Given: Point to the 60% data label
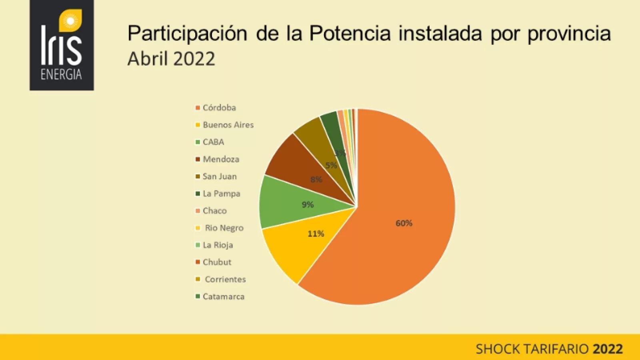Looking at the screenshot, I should click(x=404, y=223).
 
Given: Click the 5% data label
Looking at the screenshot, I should click(x=331, y=165).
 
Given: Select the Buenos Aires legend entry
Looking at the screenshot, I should click(x=228, y=125).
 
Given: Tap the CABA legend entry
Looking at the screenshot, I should click(x=213, y=142).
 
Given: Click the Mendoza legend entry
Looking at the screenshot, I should click(x=221, y=159).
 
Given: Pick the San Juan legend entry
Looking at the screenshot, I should click(x=220, y=176).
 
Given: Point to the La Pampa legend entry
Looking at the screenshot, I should click(x=221, y=194).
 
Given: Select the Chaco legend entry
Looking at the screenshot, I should click(x=214, y=211).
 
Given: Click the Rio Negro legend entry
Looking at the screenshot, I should click(x=224, y=228).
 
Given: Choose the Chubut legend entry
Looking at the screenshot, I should click(x=217, y=262).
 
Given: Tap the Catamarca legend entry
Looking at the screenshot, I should click(x=223, y=297).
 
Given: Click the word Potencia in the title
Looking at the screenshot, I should click(x=350, y=34).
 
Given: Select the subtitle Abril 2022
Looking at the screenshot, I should click(x=171, y=59).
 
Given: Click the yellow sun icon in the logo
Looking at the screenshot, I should click(x=70, y=21).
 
